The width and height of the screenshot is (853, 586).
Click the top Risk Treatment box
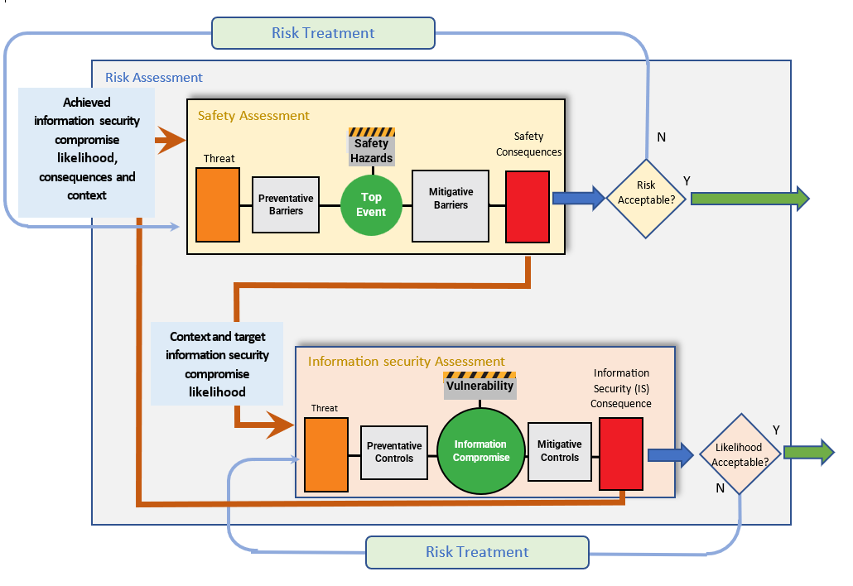[323, 34]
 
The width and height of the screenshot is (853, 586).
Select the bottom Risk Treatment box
[477, 552]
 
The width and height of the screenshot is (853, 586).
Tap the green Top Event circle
[371, 204]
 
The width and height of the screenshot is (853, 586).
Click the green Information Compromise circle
[481, 451]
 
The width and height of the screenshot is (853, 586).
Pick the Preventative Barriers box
[286, 204]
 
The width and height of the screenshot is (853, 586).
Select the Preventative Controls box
[394, 452]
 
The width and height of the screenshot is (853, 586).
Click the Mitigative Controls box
[560, 451]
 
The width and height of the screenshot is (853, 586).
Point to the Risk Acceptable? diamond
[645, 199]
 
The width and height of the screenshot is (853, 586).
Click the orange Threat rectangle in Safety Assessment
[218, 204]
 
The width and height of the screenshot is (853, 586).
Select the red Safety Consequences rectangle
[528, 207]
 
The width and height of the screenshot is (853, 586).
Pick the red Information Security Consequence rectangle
[621, 454]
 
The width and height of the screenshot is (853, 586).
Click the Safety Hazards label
[371, 151]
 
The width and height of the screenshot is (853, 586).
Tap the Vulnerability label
[480, 387]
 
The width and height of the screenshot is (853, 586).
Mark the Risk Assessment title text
[154, 78]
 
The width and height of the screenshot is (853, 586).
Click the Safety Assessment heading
[253, 116]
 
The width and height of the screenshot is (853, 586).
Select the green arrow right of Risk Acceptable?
[749, 199]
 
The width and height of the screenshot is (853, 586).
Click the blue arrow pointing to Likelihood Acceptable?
[670, 454]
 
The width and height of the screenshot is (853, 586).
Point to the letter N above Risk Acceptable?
[661, 137]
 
